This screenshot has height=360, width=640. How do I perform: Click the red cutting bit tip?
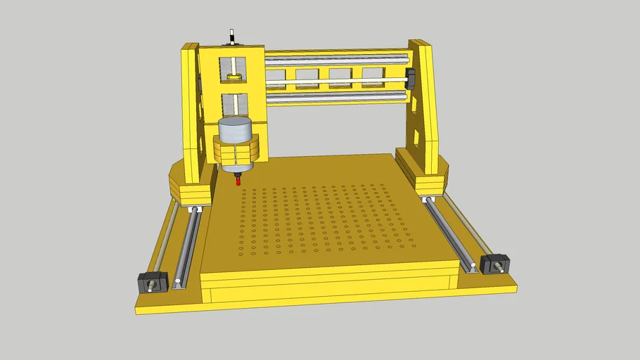tap(238, 181)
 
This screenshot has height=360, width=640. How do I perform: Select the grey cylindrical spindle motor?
tap(234, 131)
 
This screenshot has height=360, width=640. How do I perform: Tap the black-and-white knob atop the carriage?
tap(232, 37)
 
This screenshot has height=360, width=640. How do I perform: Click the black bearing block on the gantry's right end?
tap(411, 79)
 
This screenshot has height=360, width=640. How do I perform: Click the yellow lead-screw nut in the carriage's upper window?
tap(234, 75)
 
